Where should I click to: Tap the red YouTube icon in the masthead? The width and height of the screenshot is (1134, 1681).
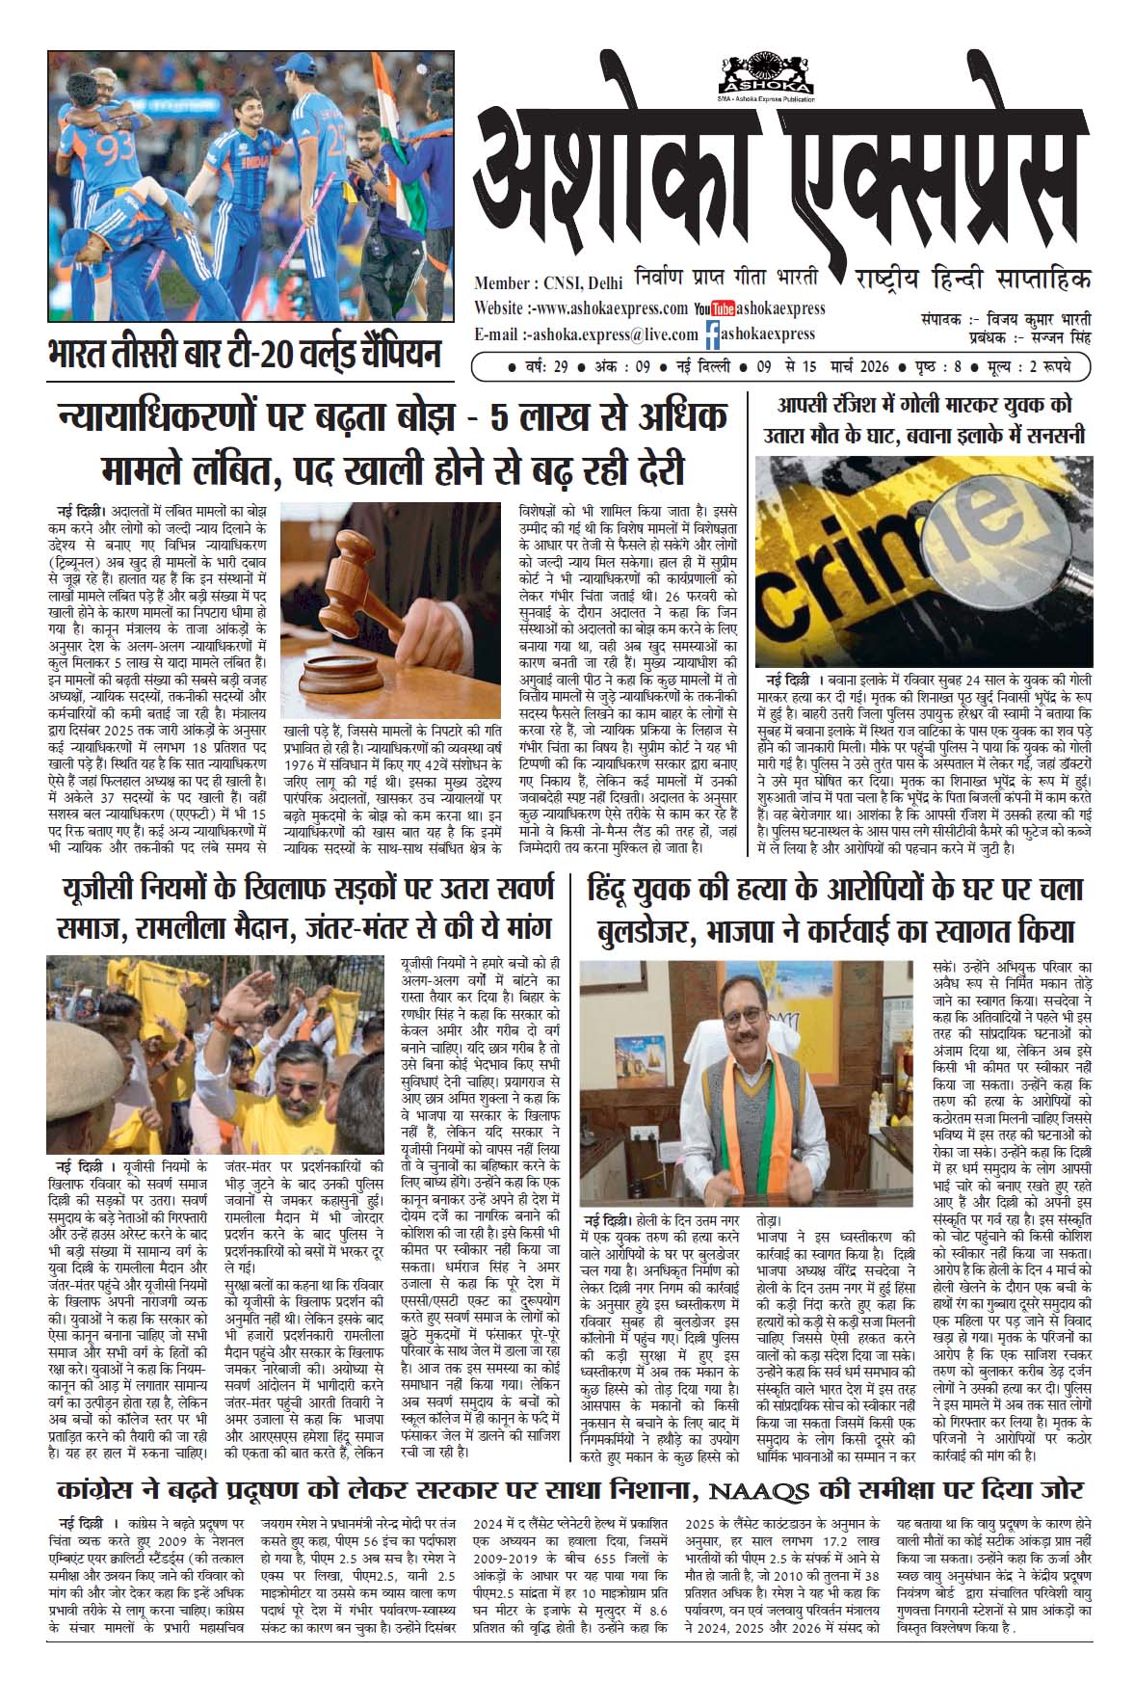pyautogui.click(x=713, y=309)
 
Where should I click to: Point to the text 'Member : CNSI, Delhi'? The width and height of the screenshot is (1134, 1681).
pyautogui.click(x=548, y=283)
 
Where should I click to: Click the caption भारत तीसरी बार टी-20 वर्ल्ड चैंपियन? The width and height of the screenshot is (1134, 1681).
pyautogui.click(x=244, y=354)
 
